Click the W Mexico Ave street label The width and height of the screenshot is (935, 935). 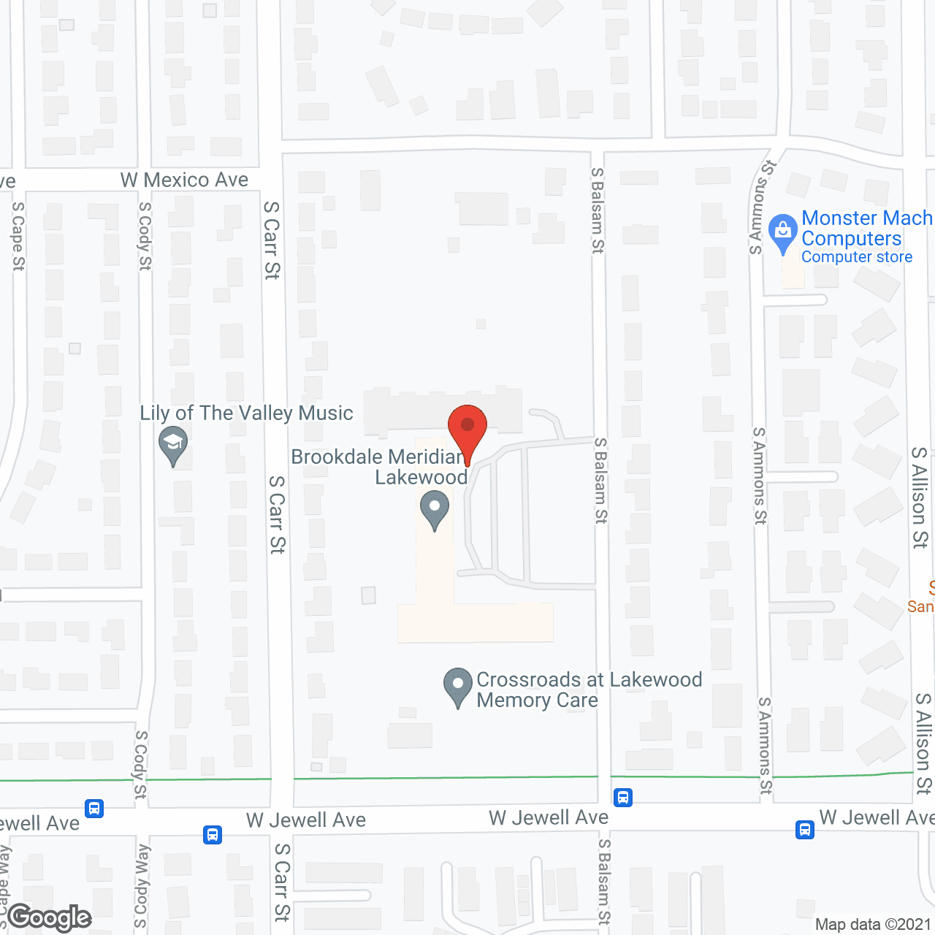(184, 180)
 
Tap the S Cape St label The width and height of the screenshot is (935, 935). (18, 236)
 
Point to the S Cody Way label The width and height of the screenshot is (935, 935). (142, 885)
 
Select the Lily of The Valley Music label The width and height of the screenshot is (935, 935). (246, 413)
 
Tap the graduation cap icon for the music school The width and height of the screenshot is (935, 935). (173, 443)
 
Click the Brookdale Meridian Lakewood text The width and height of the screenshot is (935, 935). (379, 467)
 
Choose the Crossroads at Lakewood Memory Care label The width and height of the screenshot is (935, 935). (589, 690)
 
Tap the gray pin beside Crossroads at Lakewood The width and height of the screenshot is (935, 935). (458, 687)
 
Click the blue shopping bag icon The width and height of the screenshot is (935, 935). (783, 232)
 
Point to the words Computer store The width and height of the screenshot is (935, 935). (857, 257)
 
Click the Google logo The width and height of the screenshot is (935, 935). (50, 917)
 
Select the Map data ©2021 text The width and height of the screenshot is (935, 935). (873, 924)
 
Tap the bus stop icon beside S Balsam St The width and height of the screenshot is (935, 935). (623, 797)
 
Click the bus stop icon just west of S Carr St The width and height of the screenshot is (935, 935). (213, 834)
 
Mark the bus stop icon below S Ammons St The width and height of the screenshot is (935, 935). (805, 830)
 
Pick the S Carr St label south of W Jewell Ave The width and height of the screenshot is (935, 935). (282, 882)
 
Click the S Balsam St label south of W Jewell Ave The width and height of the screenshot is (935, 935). (604, 882)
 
